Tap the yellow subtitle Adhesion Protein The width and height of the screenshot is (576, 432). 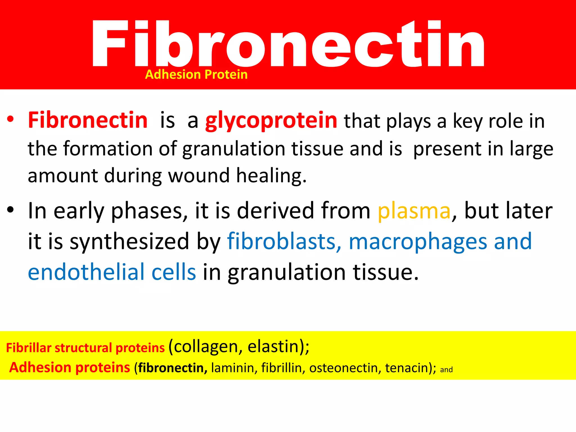tap(196, 75)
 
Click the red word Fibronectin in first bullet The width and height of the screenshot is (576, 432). tap(88, 120)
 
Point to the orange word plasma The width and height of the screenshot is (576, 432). tap(414, 211)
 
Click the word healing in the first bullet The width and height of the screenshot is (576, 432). tap(271, 176)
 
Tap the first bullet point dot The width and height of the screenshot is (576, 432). tap(10, 119)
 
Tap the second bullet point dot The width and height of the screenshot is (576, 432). tap(10, 210)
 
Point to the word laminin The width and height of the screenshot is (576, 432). tap(232, 368)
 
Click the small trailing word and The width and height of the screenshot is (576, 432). tap(446, 370)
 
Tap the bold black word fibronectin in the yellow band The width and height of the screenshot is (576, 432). tap(172, 368)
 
